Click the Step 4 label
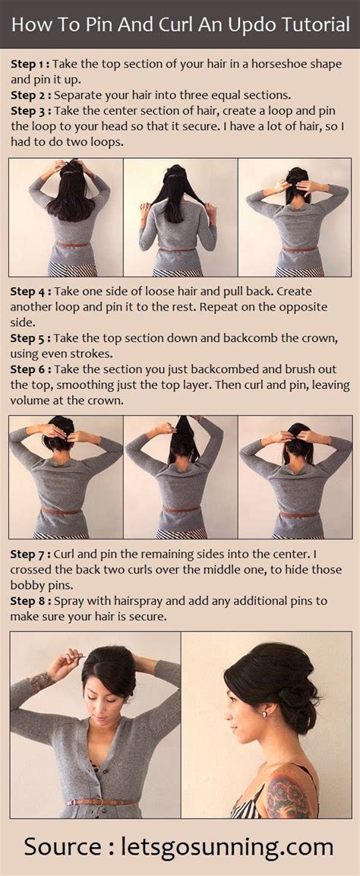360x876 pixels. [x=30, y=292]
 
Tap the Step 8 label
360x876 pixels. [x=30, y=601]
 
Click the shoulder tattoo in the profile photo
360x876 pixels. [x=289, y=794]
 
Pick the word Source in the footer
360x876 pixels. [x=63, y=846]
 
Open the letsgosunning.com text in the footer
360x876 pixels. [x=227, y=846]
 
